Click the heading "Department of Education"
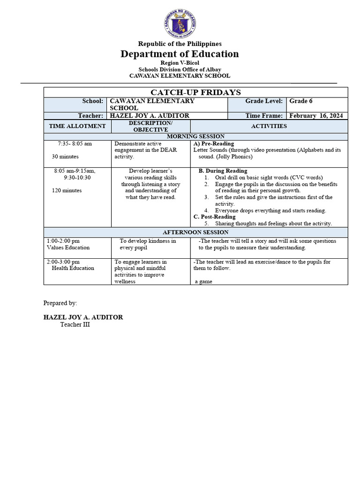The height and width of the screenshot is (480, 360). coord(180,54)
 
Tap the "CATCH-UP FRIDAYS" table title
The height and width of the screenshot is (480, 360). coord(195,92)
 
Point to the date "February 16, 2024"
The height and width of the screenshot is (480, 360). coord(316,116)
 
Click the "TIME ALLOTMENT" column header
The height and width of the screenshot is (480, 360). coord(77,126)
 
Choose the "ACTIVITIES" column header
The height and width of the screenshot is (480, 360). coord(269,126)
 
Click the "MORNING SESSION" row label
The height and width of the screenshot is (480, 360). coord(195,136)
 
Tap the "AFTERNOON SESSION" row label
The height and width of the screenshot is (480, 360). coord(195,232)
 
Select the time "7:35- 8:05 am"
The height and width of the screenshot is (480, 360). coord(75,143)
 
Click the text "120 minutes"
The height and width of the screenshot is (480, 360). coord(67,191)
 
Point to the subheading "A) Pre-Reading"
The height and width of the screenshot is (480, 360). coord(214,143)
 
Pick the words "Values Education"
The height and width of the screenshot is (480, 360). coord(68,247)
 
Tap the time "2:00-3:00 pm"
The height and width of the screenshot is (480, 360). coord(63,262)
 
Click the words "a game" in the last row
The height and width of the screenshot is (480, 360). coord(204,281)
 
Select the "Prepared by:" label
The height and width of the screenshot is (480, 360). coord(60,303)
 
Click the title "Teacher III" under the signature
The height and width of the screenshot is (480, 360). coord(75,324)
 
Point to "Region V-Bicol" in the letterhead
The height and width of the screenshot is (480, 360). coord(180,63)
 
